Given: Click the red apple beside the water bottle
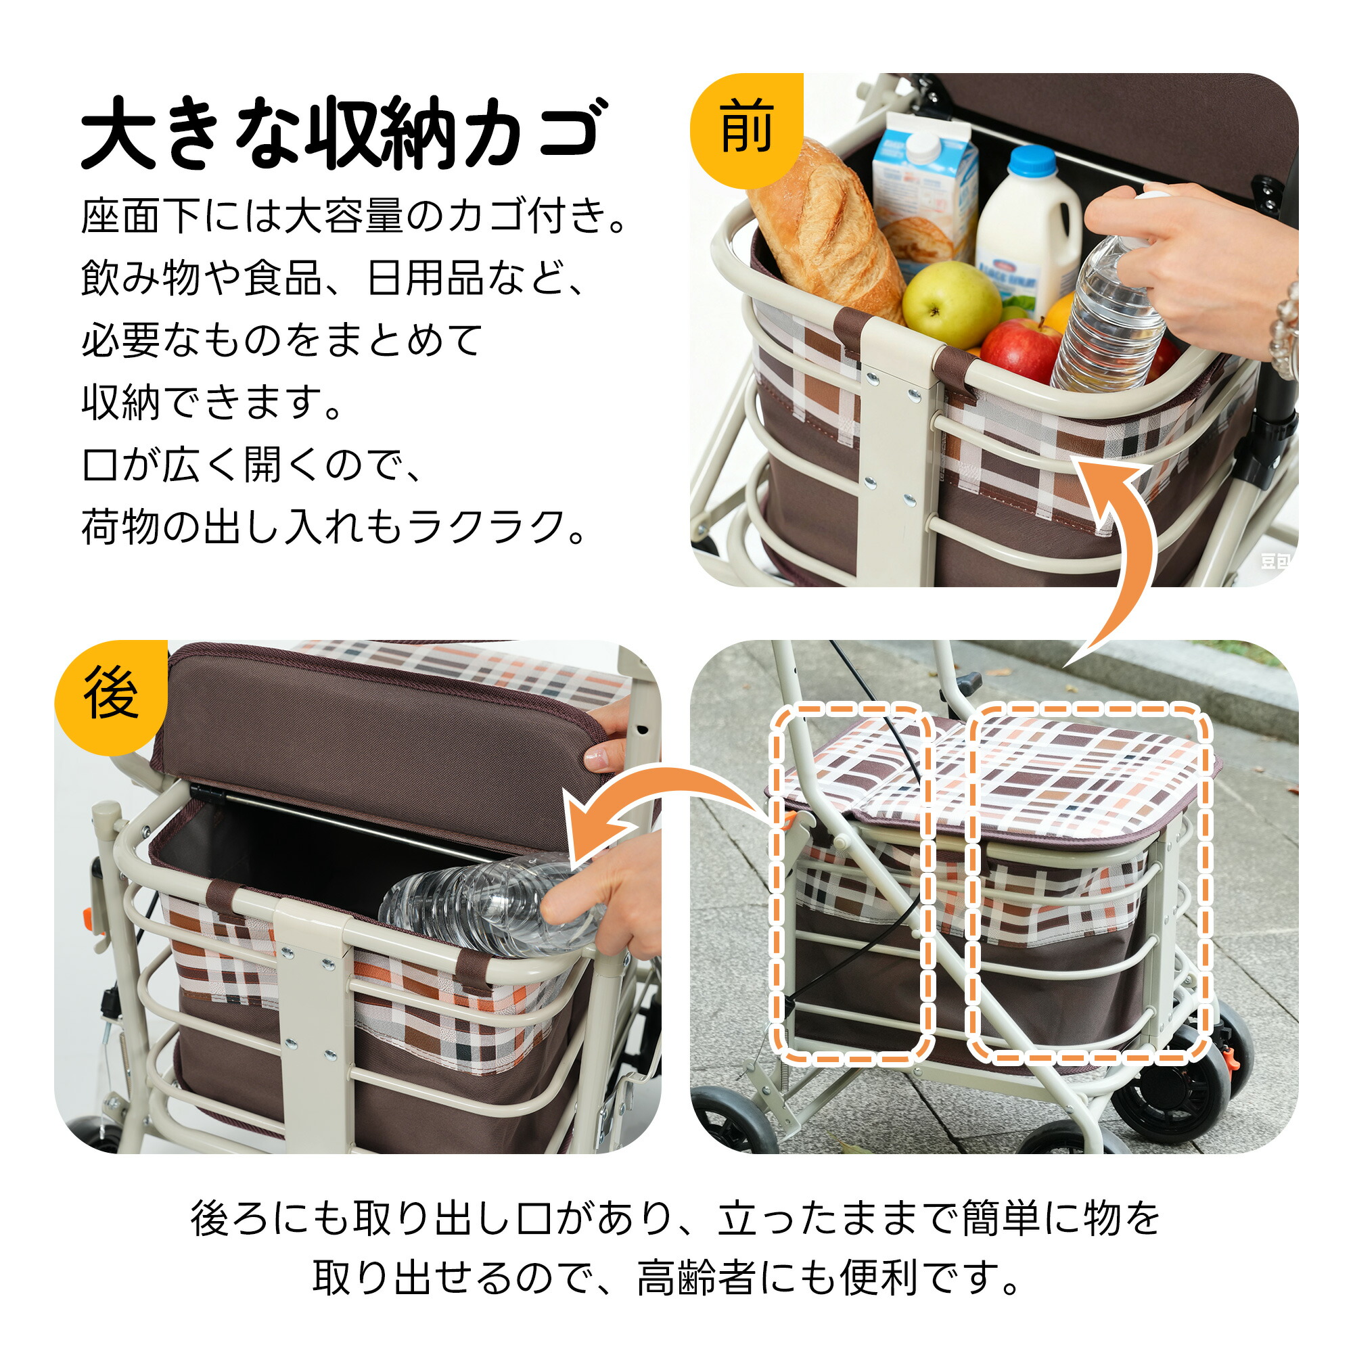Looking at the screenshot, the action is (1021, 350).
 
